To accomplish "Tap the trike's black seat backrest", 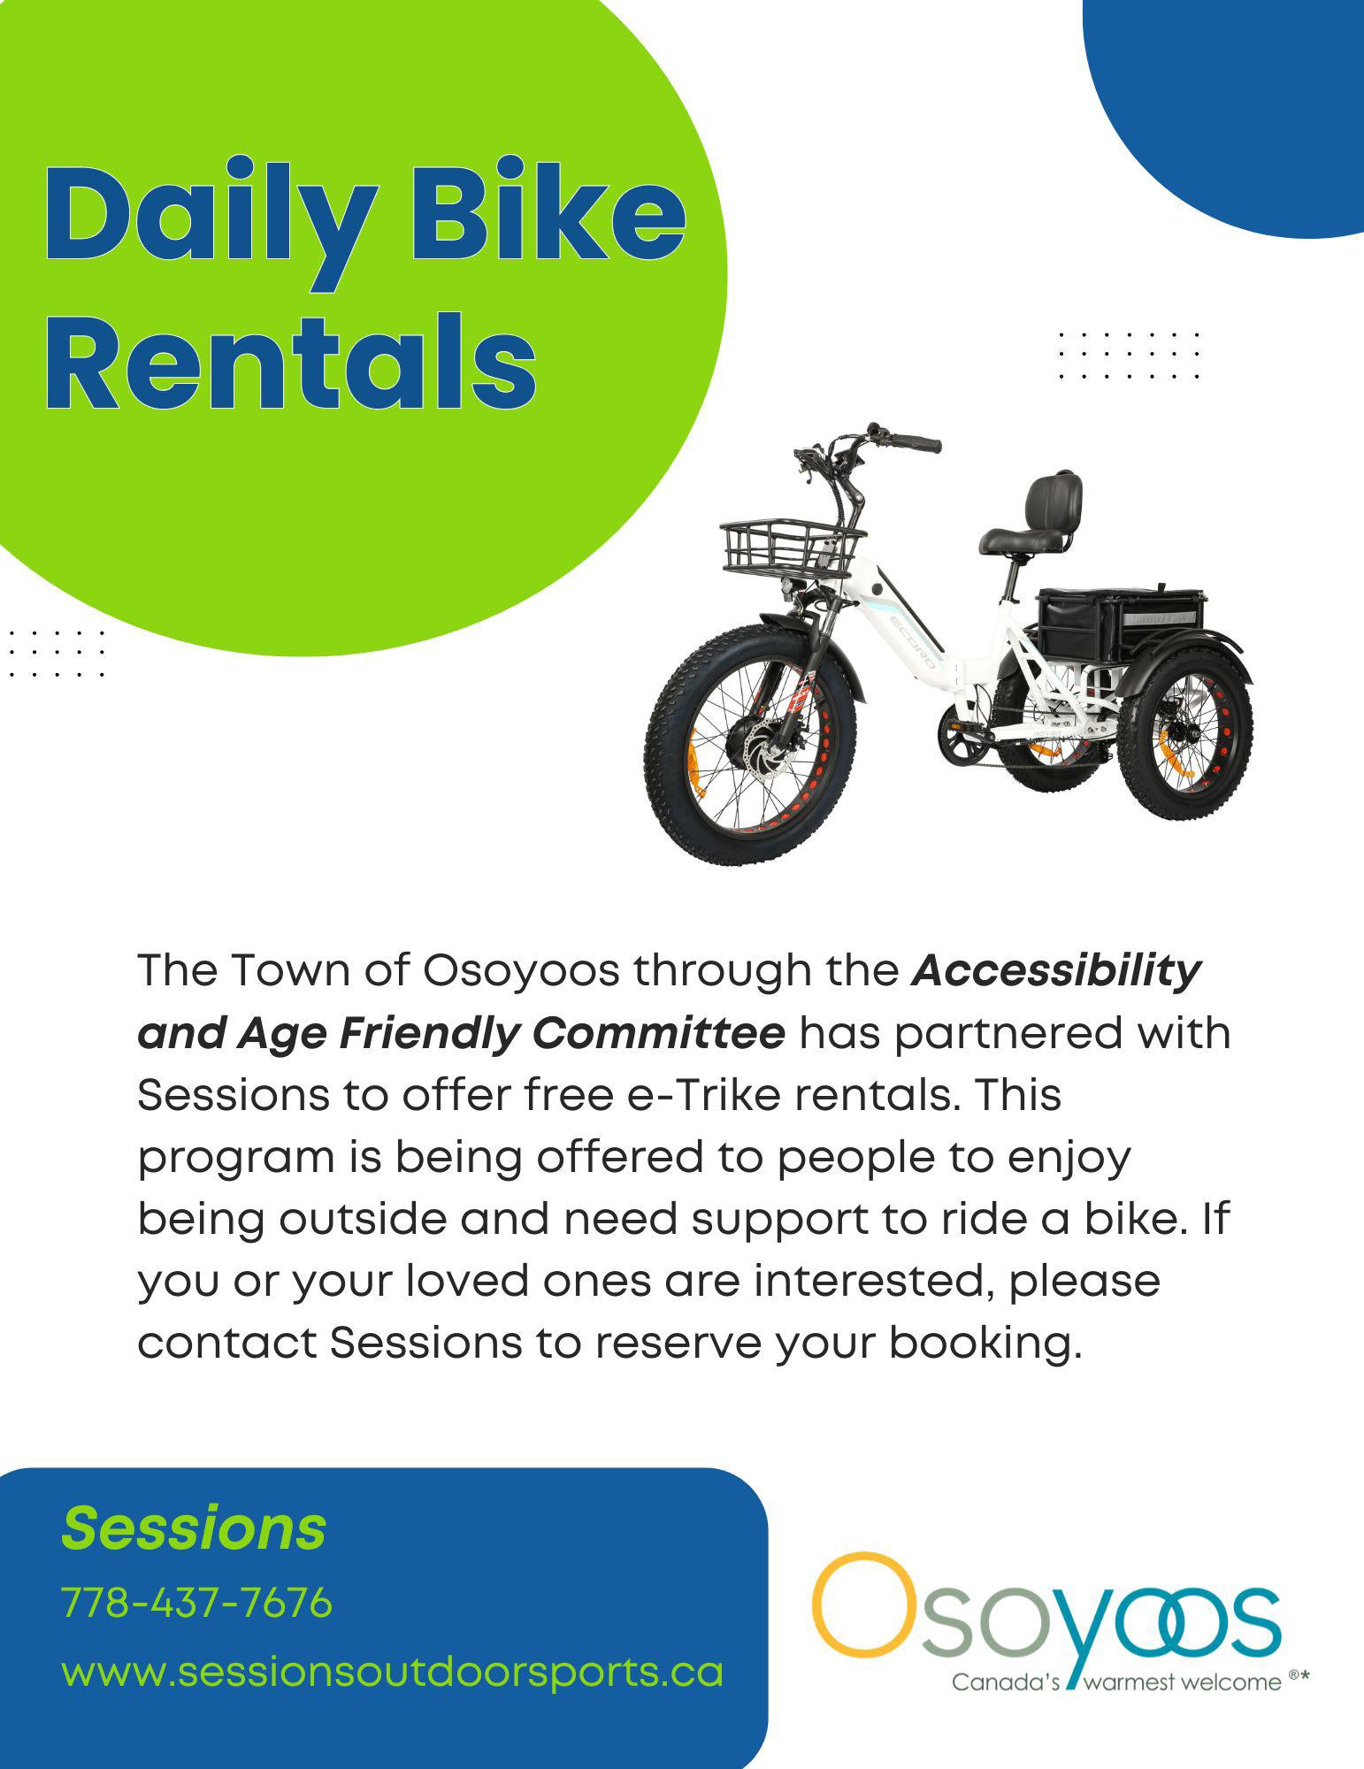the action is click(x=1053, y=501).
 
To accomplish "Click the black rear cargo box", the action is click(x=1119, y=623).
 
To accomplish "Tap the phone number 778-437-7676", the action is click(x=196, y=1602).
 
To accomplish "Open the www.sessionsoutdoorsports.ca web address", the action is click(x=392, y=1672).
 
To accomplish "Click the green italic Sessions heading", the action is click(x=194, y=1528).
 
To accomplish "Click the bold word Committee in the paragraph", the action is click(x=659, y=1033).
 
